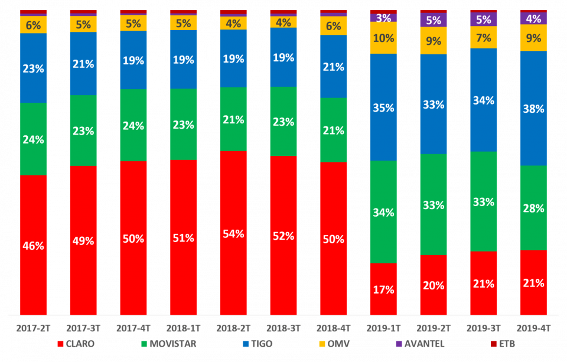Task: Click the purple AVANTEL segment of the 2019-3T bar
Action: tap(483, 19)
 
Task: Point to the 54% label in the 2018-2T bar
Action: tap(233, 233)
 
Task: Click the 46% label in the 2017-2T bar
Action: tap(34, 246)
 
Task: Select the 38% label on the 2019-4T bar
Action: tap(533, 109)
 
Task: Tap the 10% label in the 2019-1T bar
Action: tap(383, 38)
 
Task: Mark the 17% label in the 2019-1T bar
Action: tap(383, 289)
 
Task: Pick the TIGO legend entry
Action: tap(254, 344)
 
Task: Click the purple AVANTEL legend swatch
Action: tap(399, 344)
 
